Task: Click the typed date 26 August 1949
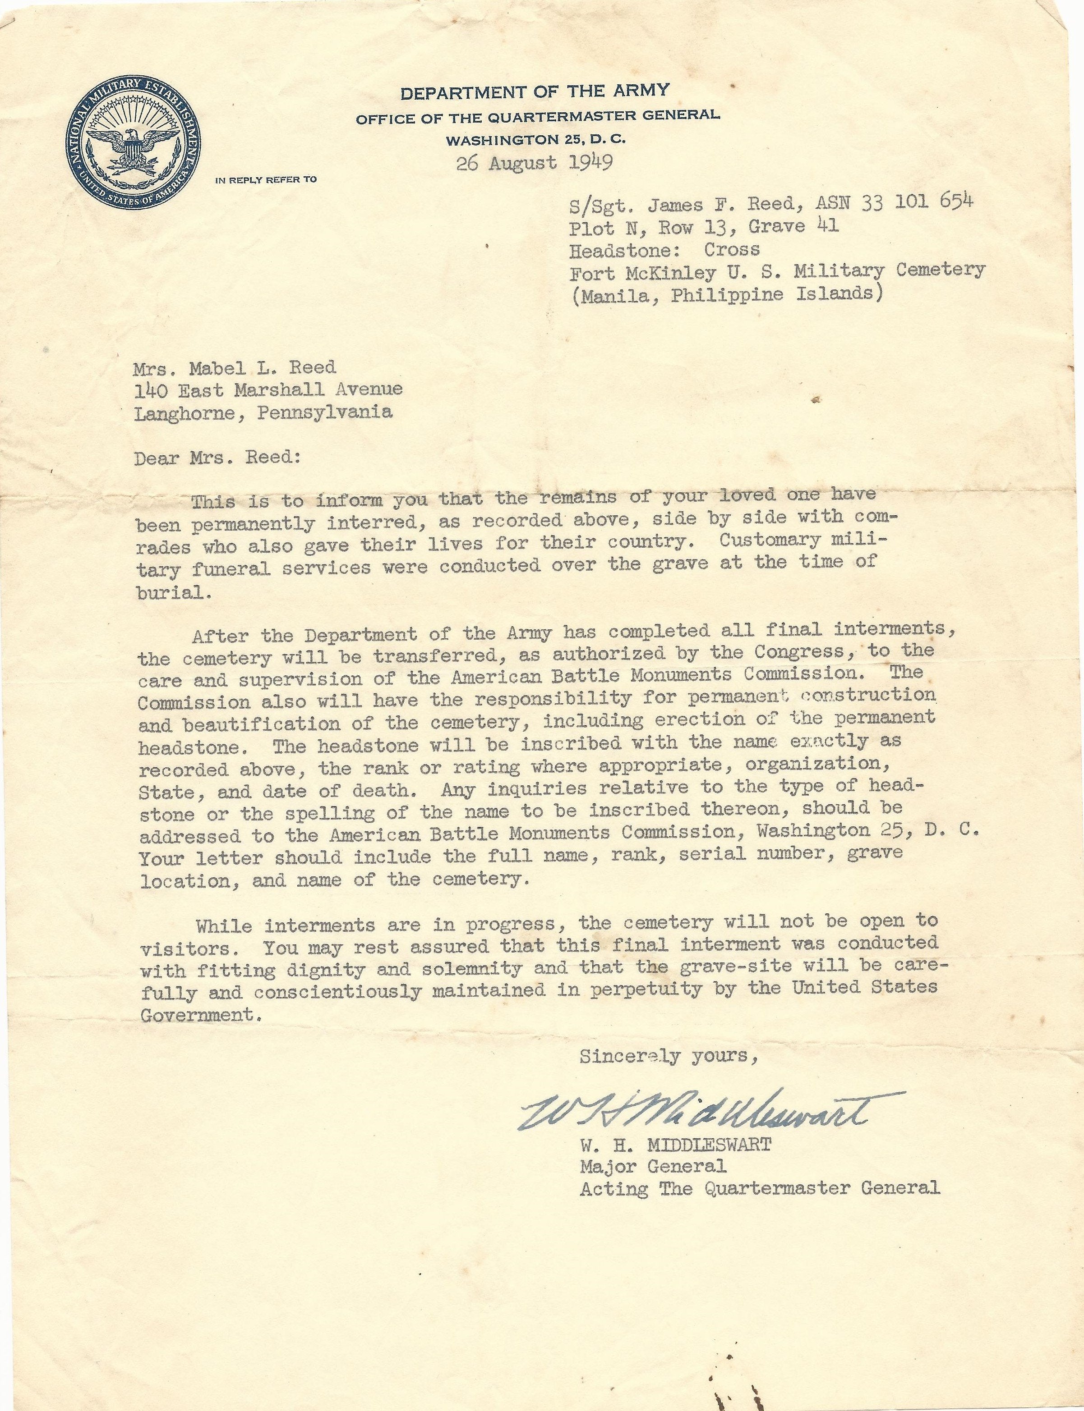[x=534, y=162]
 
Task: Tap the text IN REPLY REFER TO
[x=266, y=180]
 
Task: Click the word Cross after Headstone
[x=732, y=249]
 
